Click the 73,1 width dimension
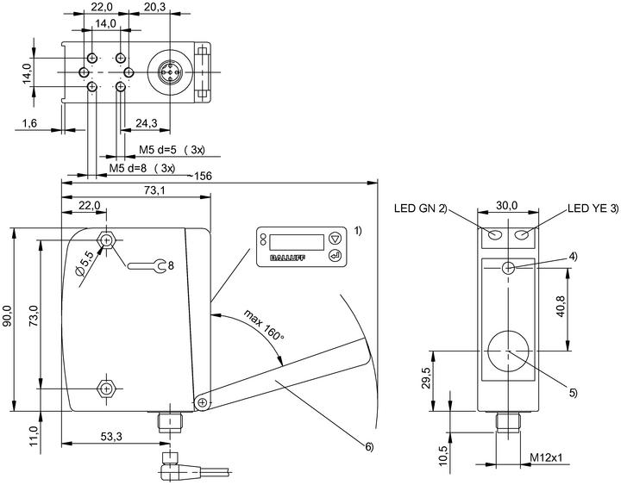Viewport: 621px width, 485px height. click(155, 190)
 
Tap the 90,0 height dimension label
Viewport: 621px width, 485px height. click(7, 315)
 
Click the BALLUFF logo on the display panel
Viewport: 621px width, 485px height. click(287, 258)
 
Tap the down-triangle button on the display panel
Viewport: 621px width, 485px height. click(335, 239)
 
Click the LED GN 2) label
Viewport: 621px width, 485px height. click(420, 208)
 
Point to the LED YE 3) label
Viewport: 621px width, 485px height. click(593, 208)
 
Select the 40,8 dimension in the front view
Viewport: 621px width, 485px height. click(561, 306)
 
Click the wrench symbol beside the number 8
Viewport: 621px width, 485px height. click(147, 265)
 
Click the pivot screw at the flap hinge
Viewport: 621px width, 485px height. click(203, 402)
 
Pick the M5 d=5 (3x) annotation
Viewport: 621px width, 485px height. click(172, 150)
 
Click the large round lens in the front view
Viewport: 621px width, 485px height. click(508, 351)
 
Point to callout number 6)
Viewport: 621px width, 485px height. click(369, 447)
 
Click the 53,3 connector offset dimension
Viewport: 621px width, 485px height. click(111, 437)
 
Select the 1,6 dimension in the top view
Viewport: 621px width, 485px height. click(29, 123)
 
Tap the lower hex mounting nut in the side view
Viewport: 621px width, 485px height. click(106, 389)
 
